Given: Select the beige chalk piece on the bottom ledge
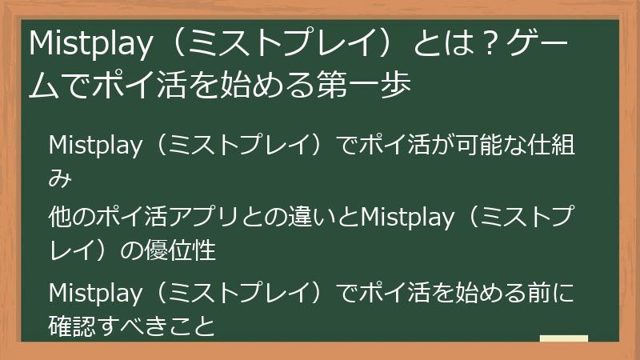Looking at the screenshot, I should coord(563,338).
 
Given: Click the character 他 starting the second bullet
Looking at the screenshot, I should coord(61,218).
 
